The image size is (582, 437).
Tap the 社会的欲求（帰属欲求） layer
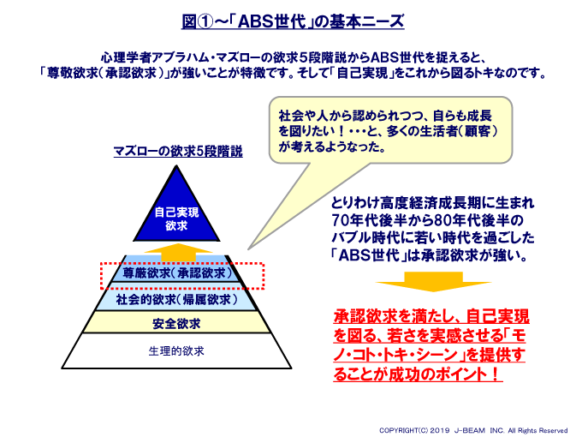click(176, 300)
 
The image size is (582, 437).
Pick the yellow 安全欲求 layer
click(176, 324)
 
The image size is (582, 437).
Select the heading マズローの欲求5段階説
click(178, 151)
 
